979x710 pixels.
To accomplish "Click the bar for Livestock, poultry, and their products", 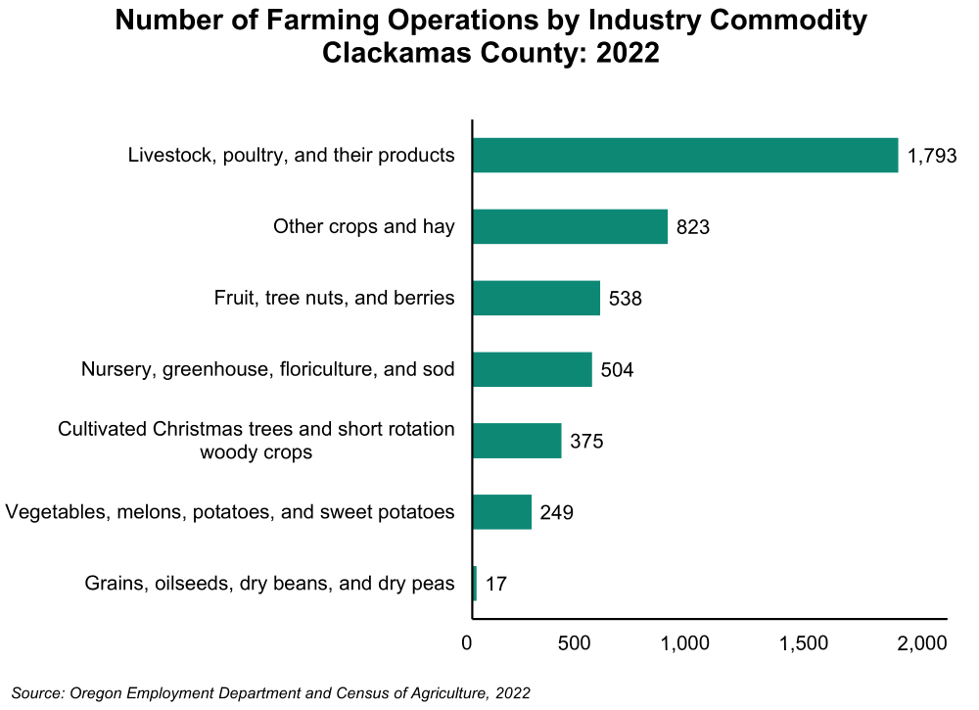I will (x=684, y=156).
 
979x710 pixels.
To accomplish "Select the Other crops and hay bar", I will (x=570, y=226).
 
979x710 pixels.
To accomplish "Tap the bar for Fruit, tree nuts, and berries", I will (x=536, y=298).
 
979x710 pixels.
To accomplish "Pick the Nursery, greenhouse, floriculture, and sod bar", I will (x=532, y=369).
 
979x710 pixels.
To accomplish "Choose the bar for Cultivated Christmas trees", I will (x=517, y=441).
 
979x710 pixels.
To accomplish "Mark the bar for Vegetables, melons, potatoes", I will (x=501, y=512).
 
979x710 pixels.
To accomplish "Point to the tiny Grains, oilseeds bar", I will (x=475, y=584).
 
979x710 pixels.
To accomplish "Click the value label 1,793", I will (x=931, y=156).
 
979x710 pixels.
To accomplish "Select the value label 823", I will (x=692, y=227).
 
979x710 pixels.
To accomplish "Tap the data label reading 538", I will (x=625, y=299).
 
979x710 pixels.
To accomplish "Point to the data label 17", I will (x=496, y=585).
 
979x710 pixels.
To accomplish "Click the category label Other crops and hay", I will (x=363, y=227).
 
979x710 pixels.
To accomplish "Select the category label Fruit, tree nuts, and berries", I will (x=334, y=298).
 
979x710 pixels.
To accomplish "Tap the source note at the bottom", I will (x=271, y=692).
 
